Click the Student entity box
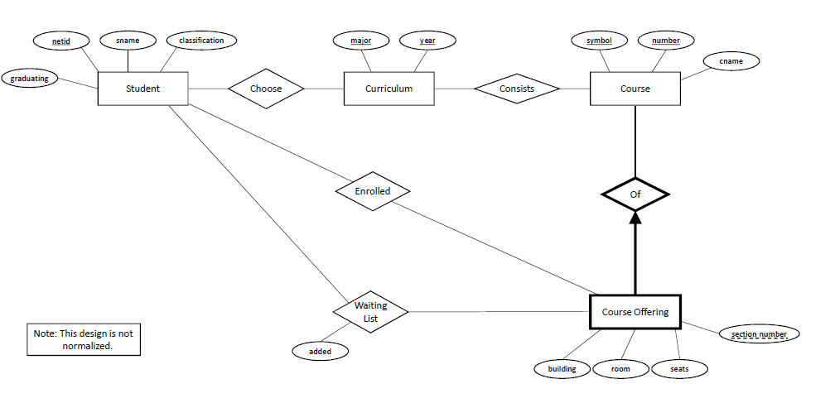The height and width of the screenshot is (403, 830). (x=142, y=89)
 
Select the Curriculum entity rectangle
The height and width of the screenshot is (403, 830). (x=388, y=89)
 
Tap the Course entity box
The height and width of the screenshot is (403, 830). (x=635, y=89)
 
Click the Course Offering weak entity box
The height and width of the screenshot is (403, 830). (x=635, y=312)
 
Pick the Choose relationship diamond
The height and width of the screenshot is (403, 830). (x=266, y=89)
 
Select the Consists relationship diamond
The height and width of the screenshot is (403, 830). (x=516, y=89)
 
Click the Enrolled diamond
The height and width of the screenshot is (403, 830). (x=373, y=191)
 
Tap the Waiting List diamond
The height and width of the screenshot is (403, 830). (x=370, y=312)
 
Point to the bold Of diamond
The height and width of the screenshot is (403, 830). (x=635, y=194)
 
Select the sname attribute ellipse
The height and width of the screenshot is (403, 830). (x=128, y=40)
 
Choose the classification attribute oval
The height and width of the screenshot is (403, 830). (x=200, y=40)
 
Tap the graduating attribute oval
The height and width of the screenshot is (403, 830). (x=30, y=79)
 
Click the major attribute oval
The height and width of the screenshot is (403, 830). (x=360, y=40)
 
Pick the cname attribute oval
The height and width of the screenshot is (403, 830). (x=730, y=61)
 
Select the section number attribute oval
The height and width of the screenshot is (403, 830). (x=759, y=334)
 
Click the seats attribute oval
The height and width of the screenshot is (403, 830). (x=679, y=369)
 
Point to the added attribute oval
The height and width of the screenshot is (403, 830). (x=320, y=352)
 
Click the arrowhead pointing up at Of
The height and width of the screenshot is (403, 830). (x=635, y=218)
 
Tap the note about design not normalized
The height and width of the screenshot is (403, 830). (x=83, y=340)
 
